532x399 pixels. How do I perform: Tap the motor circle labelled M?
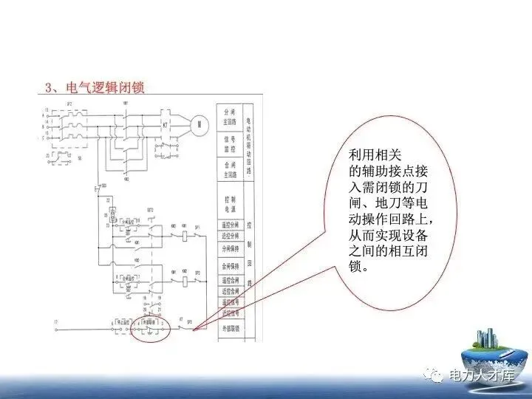point(198,125)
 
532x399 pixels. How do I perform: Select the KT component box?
point(165,126)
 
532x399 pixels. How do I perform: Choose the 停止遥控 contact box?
point(120,322)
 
